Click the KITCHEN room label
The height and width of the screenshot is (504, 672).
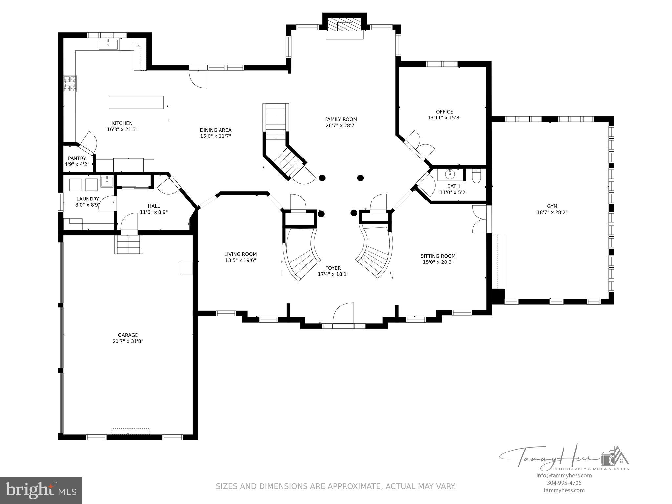click(122, 123)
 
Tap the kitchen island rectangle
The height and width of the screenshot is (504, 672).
click(136, 102)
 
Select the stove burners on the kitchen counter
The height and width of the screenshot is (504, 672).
click(70, 83)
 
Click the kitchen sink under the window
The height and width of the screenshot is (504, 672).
click(108, 44)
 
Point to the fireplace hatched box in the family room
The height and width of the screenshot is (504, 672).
click(344, 25)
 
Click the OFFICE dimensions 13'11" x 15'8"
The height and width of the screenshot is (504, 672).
click(444, 117)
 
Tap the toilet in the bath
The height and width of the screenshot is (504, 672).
click(476, 176)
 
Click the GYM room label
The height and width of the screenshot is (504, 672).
click(552, 206)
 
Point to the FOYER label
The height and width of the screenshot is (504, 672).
click(333, 268)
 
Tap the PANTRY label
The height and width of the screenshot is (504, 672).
click(77, 158)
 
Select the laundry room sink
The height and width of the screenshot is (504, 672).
click(107, 181)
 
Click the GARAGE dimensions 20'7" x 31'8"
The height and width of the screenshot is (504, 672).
click(128, 341)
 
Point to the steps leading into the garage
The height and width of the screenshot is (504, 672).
click(129, 244)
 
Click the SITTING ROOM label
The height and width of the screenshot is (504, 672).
click(438, 256)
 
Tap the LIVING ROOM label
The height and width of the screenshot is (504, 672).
click(240, 254)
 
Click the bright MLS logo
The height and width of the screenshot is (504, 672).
click(41, 490)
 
